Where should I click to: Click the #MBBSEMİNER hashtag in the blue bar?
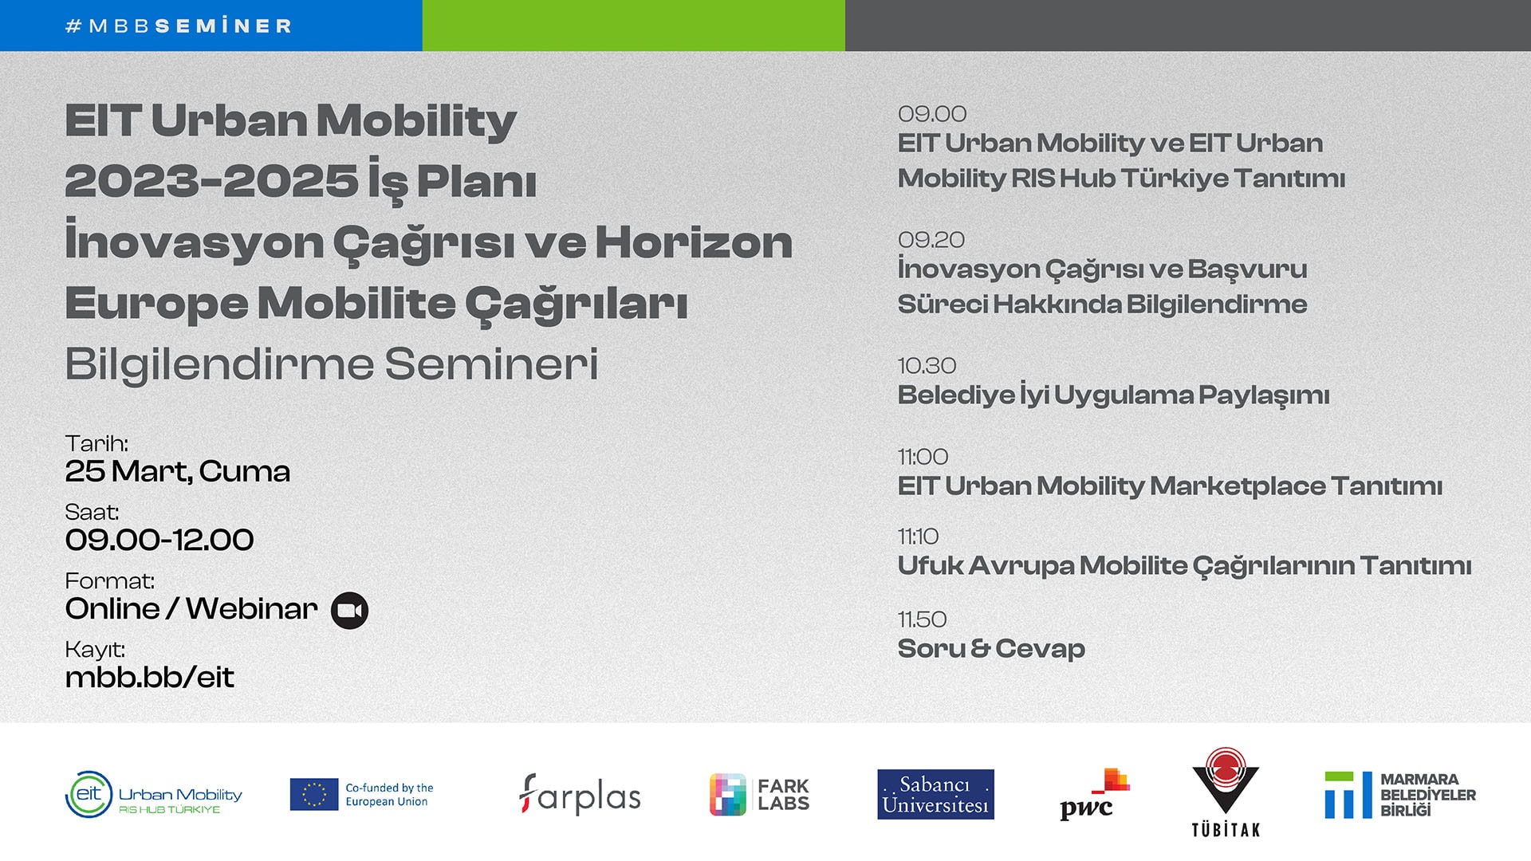tap(179, 26)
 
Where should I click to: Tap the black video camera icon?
tap(349, 611)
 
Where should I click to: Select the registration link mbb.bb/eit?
tap(150, 678)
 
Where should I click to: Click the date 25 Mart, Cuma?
tap(178, 472)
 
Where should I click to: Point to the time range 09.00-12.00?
tap(159, 540)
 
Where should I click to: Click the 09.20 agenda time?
tap(931, 239)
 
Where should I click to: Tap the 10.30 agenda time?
tap(927, 366)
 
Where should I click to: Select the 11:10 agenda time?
tap(918, 537)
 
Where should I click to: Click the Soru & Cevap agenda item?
tap(991, 649)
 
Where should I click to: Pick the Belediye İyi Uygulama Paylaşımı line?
tap(1113, 395)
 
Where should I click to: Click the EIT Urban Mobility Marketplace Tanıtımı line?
tap(1170, 486)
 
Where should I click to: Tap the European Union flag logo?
tap(314, 795)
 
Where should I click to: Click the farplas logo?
tap(580, 795)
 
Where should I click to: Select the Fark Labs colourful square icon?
tap(728, 795)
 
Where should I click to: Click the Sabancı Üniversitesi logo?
tap(935, 794)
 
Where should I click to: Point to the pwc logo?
tap(1094, 795)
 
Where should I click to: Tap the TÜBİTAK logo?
tap(1226, 792)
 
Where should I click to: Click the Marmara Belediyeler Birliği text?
tap(1428, 795)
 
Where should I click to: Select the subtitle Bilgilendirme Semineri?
tap(332, 365)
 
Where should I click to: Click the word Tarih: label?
tap(96, 443)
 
